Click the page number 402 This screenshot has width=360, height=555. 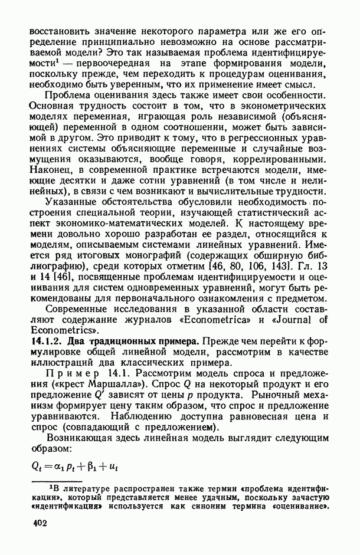[x=40, y=522]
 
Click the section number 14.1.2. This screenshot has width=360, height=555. [x=44, y=342]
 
